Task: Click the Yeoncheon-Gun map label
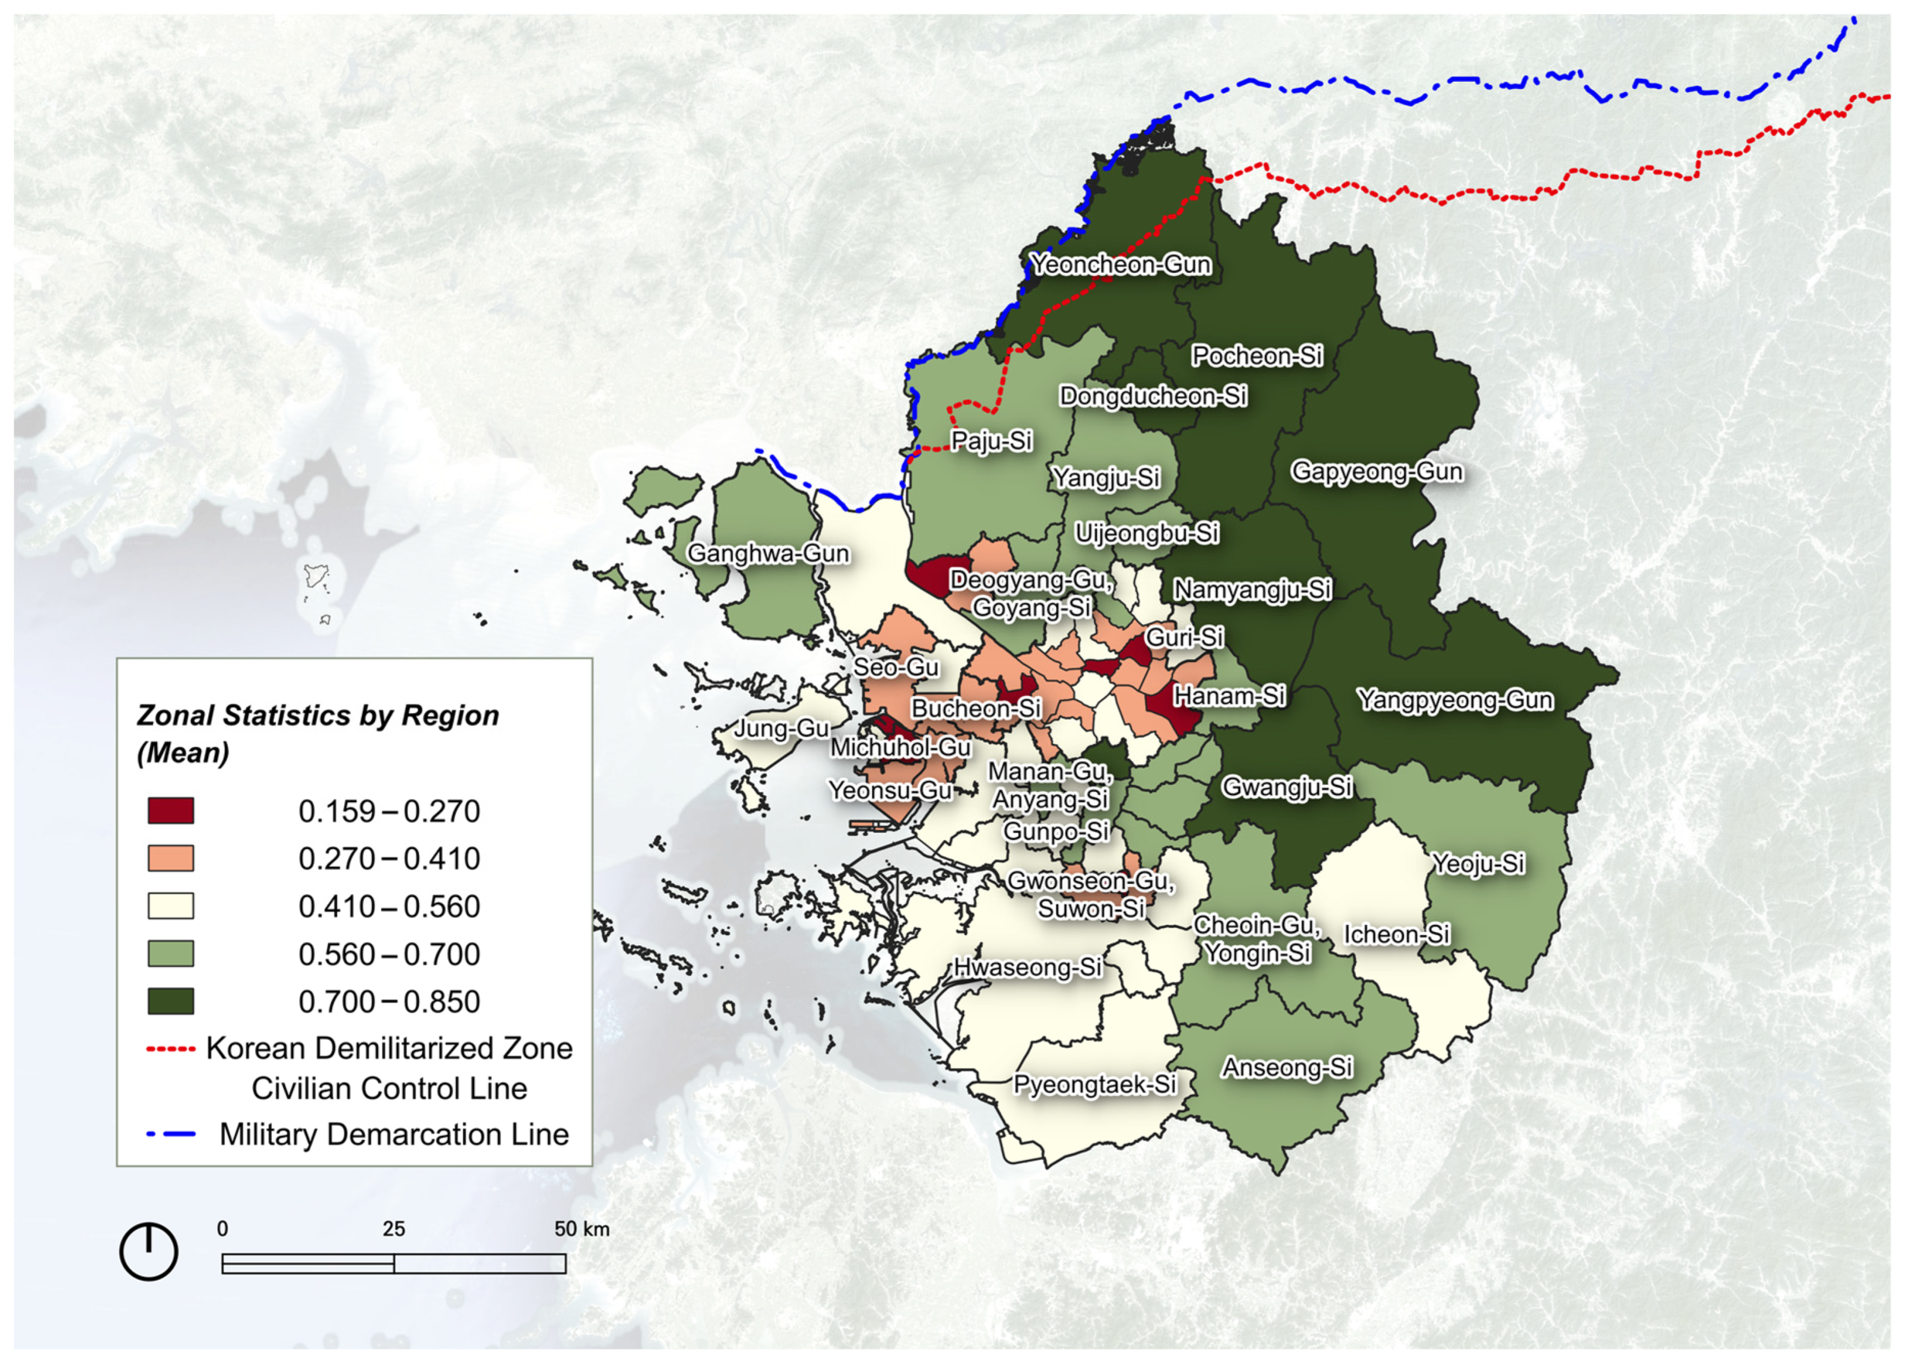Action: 1121,265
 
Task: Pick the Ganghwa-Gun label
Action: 768,554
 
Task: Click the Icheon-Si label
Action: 1396,934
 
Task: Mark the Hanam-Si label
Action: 1229,696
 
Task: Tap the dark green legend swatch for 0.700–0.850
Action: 171,1002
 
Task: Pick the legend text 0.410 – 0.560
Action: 389,907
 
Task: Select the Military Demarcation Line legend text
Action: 393,1135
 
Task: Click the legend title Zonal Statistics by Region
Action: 318,716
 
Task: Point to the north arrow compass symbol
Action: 149,1251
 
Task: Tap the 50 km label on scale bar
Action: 581,1229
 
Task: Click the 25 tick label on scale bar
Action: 393,1229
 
